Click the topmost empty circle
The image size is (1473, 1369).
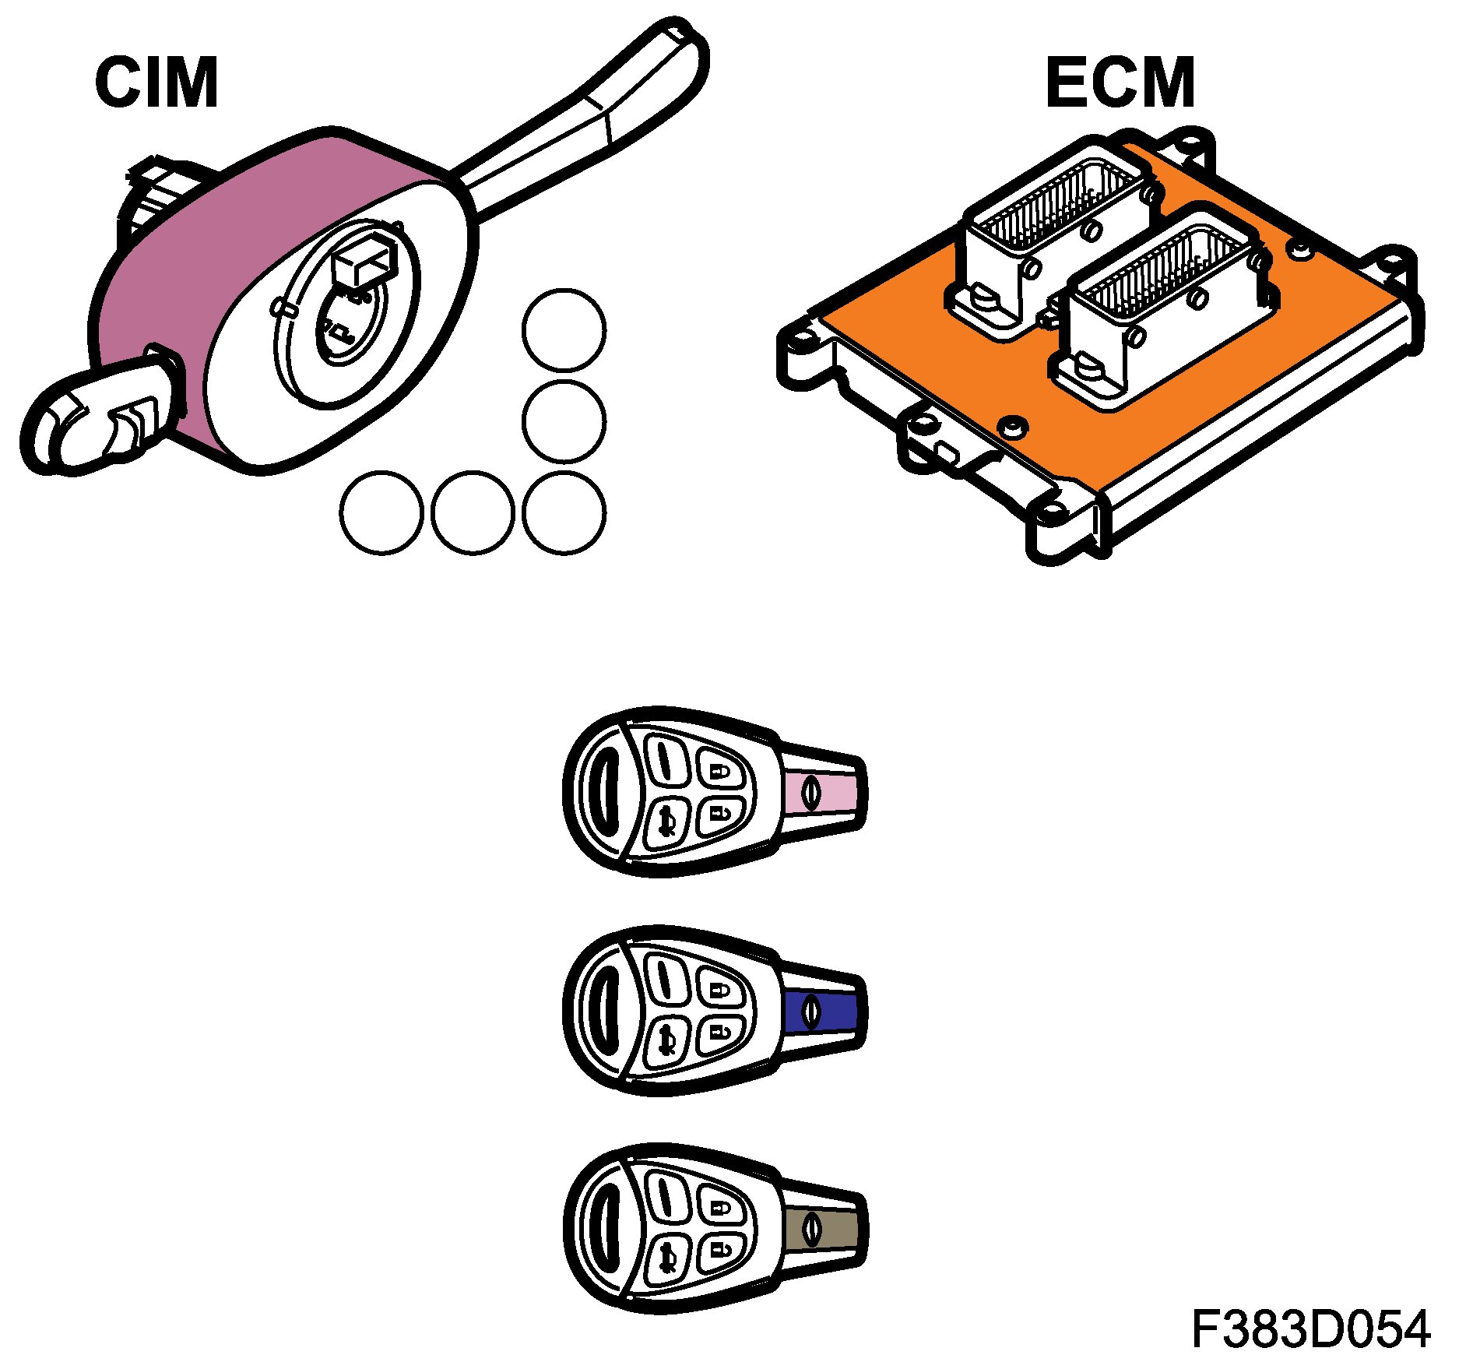point(564,330)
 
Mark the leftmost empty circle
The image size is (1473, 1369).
point(381,513)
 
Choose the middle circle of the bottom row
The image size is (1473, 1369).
point(473,513)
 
